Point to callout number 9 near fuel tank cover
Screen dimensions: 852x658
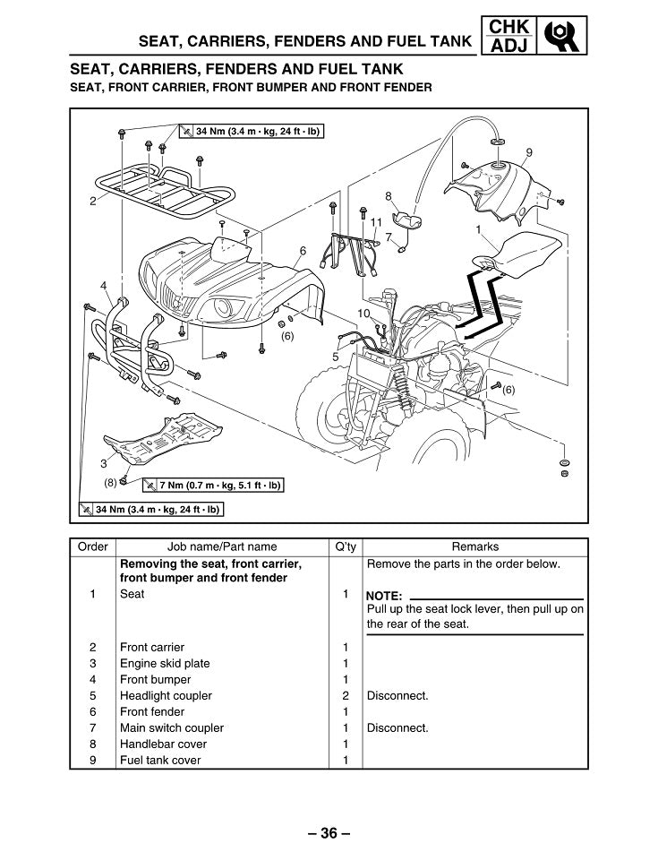pos(529,151)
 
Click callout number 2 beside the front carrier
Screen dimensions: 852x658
pos(92,202)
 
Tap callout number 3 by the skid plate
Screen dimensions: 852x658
pos(104,463)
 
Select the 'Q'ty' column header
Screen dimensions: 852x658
pos(346,546)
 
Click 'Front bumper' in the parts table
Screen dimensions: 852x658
pos(155,679)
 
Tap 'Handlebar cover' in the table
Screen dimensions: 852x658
pos(163,744)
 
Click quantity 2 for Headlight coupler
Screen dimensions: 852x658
pos(346,695)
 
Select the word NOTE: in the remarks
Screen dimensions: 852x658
pos(385,596)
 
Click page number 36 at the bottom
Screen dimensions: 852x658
pos(329,833)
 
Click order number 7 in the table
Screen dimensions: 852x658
pos(93,727)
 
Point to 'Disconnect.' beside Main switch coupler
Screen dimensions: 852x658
pos(397,727)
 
